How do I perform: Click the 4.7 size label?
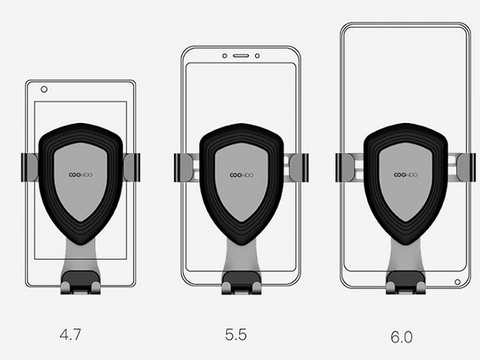click(x=70, y=334)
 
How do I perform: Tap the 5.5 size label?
click(x=235, y=334)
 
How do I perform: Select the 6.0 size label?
click(x=402, y=337)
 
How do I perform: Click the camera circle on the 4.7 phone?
click(x=44, y=89)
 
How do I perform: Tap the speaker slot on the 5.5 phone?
click(x=241, y=55)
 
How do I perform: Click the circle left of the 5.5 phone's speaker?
click(x=225, y=55)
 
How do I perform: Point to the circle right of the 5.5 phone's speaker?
click(x=257, y=55)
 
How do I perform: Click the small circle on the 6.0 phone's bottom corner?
click(x=457, y=282)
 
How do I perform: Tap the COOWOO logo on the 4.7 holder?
click(x=80, y=175)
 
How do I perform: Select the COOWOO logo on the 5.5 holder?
click(x=241, y=175)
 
